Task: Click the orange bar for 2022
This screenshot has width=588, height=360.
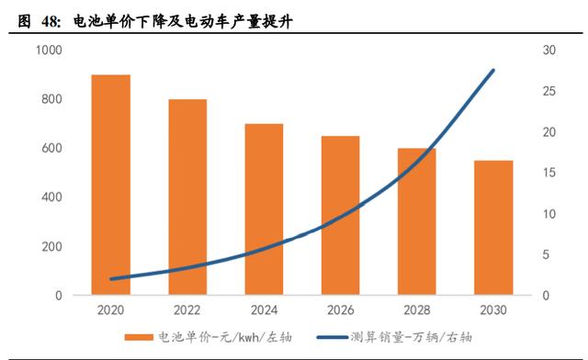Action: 187,197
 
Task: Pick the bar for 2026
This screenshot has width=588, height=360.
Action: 340,216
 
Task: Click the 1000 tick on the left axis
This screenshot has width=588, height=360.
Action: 48,51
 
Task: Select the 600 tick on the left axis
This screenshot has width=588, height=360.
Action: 51,149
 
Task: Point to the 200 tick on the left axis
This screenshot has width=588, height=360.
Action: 51,247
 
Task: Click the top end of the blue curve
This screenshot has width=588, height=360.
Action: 493,71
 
